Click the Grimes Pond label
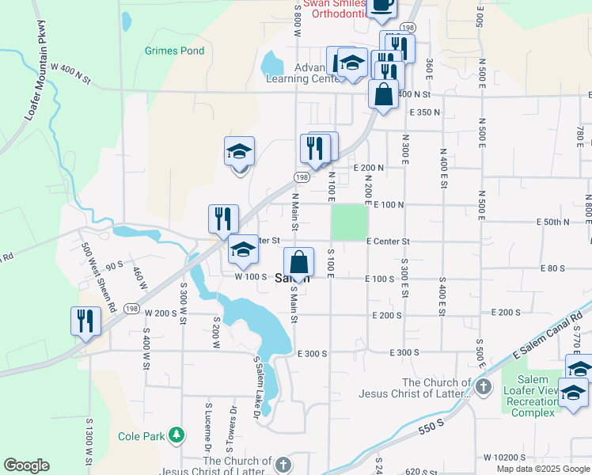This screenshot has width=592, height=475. pyautogui.click(x=174, y=51)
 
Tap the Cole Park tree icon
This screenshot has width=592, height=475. pyautogui.click(x=177, y=435)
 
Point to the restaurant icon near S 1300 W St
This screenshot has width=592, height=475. pyautogui.click(x=85, y=321)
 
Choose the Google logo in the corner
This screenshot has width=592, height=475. pyautogui.click(x=26, y=465)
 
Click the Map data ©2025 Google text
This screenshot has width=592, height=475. pyautogui.click(x=542, y=469)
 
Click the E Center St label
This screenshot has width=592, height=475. pyautogui.click(x=389, y=241)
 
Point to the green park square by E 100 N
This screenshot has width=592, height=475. pyautogui.click(x=349, y=222)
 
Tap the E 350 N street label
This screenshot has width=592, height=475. pyautogui.click(x=424, y=112)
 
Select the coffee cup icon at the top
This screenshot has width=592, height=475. pyautogui.click(x=382, y=5)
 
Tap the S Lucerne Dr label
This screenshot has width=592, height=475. pyautogui.click(x=208, y=425)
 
